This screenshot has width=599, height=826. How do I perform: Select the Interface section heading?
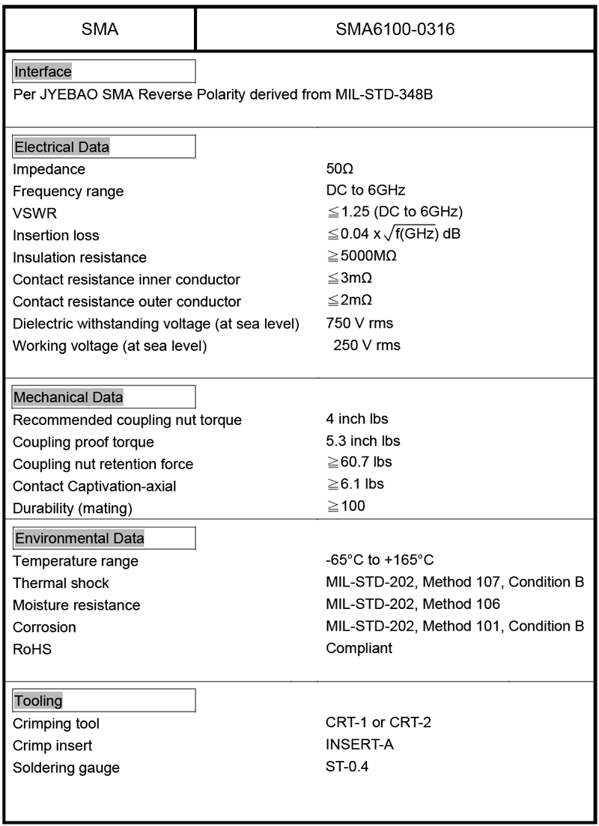pyautogui.click(x=43, y=72)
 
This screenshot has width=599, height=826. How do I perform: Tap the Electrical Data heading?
pyautogui.click(x=62, y=147)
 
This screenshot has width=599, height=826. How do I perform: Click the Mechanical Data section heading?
pyautogui.click(x=69, y=397)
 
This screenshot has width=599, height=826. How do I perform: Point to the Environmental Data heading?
pyautogui.click(x=79, y=538)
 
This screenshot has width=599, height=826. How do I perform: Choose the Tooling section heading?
pyautogui.click(x=38, y=701)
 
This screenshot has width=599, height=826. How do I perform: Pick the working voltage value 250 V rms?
pyautogui.click(x=367, y=345)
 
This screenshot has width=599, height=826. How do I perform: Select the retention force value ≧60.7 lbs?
pyautogui.click(x=354, y=462)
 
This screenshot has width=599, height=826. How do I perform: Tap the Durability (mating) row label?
pyautogui.click(x=73, y=509)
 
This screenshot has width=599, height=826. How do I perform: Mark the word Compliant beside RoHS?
pyautogui.click(x=359, y=648)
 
